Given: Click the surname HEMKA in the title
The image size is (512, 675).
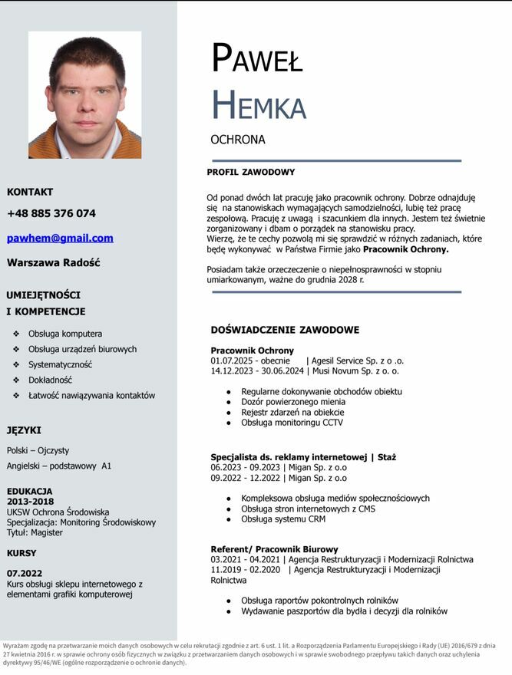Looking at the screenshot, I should point(258,105).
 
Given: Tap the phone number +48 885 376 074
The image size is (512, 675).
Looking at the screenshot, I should point(51,213).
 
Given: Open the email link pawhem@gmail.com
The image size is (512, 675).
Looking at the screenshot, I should point(60,238).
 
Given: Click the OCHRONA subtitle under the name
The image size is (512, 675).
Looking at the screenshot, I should point(238,140).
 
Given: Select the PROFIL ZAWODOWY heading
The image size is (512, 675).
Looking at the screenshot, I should point(250,172).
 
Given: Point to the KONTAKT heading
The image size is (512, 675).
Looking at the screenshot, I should point(30,192).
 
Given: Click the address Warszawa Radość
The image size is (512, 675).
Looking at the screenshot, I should point(54,262).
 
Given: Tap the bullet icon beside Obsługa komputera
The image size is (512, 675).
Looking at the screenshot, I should point(17,334).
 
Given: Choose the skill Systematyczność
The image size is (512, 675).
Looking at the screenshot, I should point(60,364).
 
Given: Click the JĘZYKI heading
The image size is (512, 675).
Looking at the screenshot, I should point(24,430).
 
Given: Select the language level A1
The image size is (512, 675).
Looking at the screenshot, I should point(106,466).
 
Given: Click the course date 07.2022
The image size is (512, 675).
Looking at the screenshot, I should point(25,573).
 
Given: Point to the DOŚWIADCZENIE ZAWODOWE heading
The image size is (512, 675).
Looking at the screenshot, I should point(285,330).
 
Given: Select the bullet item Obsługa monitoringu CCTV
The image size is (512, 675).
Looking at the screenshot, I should point(292,423).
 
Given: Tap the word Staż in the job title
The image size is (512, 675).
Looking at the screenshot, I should point(387,457).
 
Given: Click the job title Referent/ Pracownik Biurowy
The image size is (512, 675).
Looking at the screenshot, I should point(274,549).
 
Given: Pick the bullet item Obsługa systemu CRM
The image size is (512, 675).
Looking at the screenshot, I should point(282,519).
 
